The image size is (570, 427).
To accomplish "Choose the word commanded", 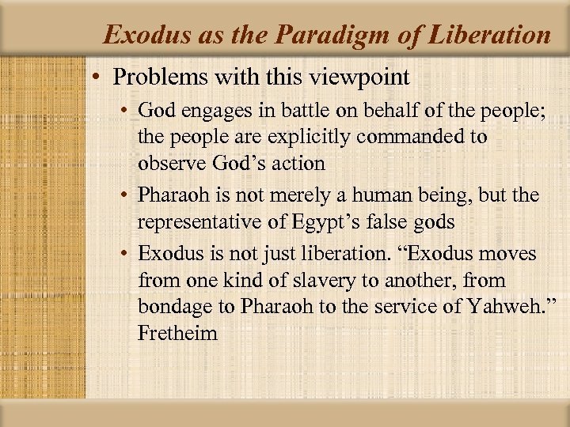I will [421, 137].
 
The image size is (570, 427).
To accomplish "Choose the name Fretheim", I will [177, 333].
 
